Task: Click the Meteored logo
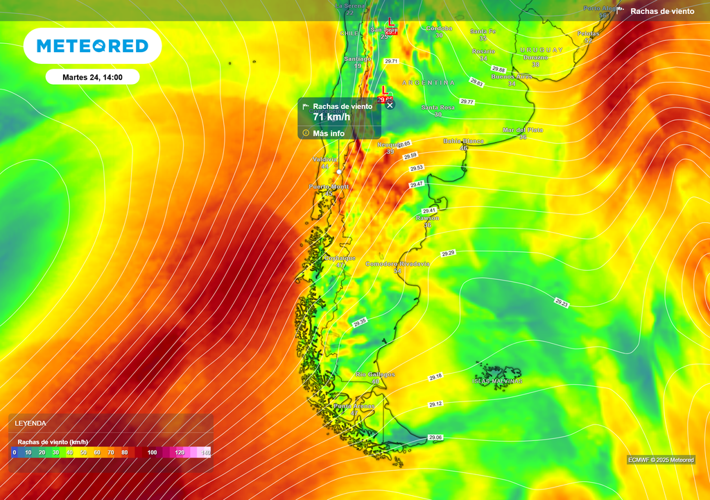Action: tap(92, 46)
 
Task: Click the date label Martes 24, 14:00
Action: tap(92, 77)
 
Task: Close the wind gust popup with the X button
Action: tap(390, 105)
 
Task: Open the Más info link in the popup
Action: tap(329, 133)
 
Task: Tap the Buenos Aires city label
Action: tap(511, 77)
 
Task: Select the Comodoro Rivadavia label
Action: tap(397, 264)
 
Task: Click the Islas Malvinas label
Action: tap(497, 381)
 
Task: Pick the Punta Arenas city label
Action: tap(354, 406)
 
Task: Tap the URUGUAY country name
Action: tap(542, 51)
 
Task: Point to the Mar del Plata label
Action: tap(523, 130)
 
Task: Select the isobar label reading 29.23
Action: tap(562, 303)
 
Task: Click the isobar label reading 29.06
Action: tap(435, 437)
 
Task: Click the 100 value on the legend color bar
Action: tap(152, 453)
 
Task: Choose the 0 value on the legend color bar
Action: tap(14, 453)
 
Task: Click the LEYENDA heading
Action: tap(31, 423)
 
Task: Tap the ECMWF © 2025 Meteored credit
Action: tap(660, 460)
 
